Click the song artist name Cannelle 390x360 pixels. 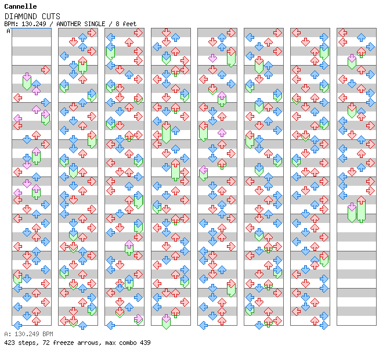pos(20,6)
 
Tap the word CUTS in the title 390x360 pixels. pos(51,16)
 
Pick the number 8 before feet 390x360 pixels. pos(117,24)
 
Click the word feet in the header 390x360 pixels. pos(129,24)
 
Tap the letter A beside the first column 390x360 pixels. pos(9,31)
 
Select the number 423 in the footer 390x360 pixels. pos(9,343)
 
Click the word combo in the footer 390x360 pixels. pos(128,343)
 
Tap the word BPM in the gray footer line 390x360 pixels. pos(48,334)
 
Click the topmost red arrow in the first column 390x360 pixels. pos(45,70)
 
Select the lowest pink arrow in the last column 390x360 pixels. pos(352,207)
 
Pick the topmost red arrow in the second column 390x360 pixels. pos(92,33)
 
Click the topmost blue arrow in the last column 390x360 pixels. pos(361,37)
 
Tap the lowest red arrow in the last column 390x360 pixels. pos(361,200)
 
